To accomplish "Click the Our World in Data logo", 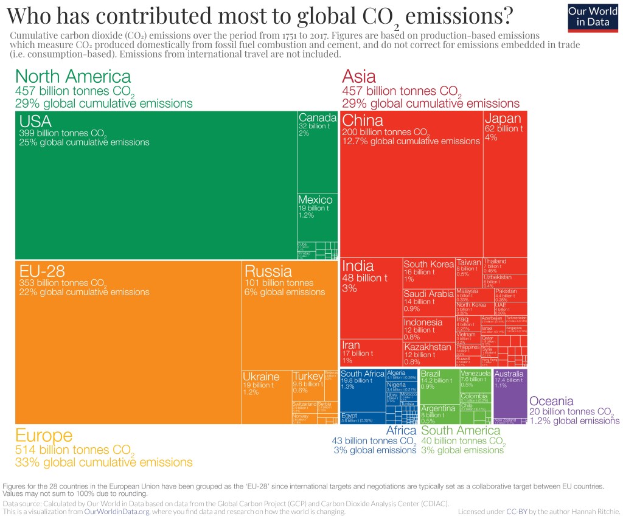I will pos(592,16).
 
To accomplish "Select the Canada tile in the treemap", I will pos(317,152).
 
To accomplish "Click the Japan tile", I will pos(505,183).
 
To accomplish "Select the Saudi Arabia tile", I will pos(428,301).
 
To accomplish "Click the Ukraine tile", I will pos(266,395).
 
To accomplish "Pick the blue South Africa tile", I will pos(362,389).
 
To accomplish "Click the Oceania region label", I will pos(551,401).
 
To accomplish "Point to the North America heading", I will pos(72,77).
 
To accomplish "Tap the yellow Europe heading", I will pos(43,436).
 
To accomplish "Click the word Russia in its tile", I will pos(268,271).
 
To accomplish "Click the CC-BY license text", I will pos(517,512).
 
